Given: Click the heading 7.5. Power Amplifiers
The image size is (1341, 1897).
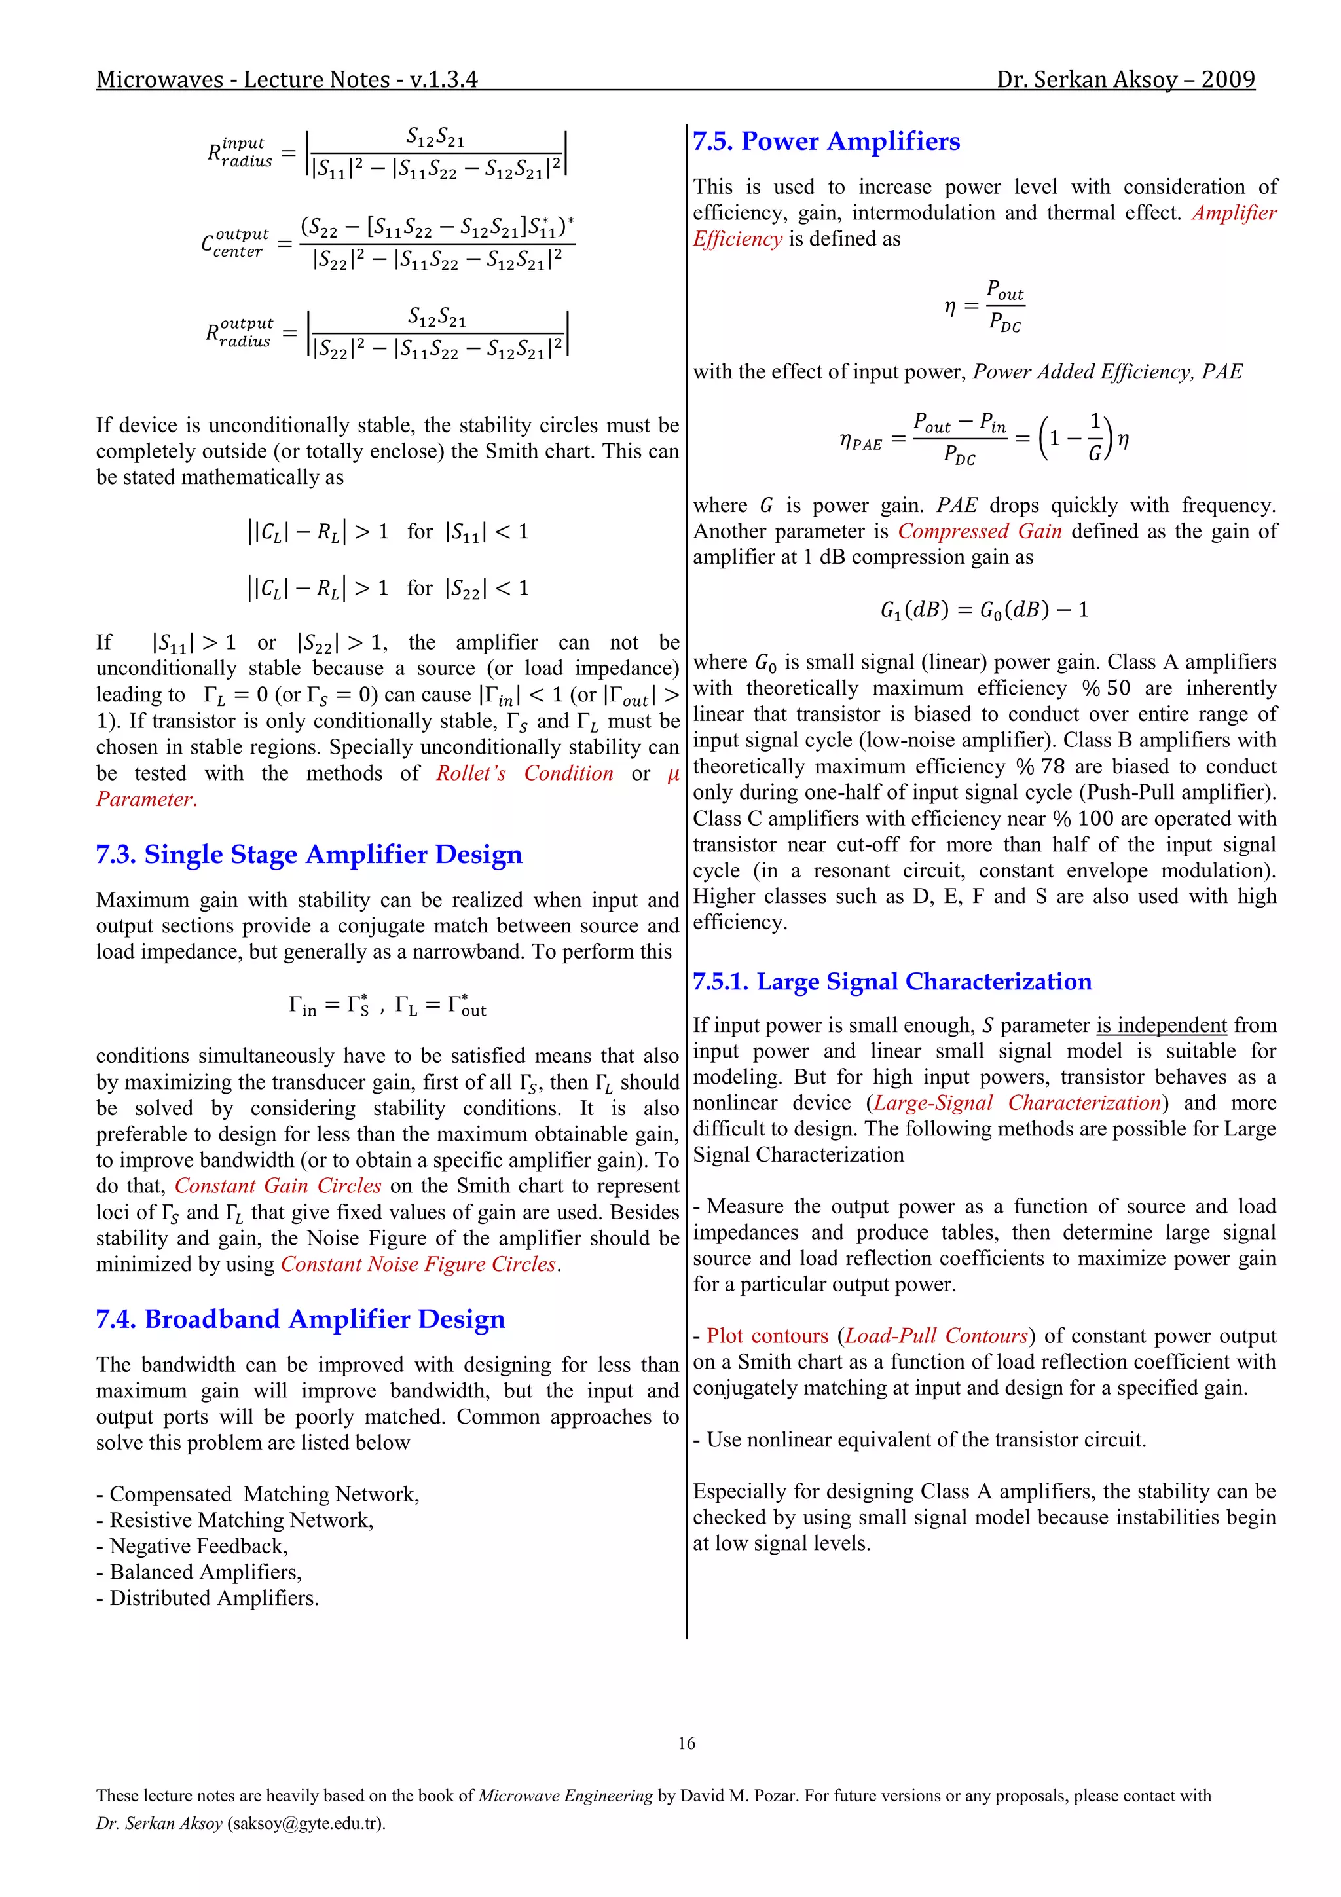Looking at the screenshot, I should point(826,141).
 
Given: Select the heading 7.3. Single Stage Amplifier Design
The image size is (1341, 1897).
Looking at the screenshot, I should point(309,855).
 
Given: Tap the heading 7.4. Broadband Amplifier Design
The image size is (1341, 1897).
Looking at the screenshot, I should point(300,1319).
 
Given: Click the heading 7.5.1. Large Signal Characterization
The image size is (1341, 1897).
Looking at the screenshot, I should point(892,982).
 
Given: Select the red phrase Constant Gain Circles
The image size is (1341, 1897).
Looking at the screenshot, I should point(278,1186).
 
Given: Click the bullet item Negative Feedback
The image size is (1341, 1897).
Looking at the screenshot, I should point(198,1546).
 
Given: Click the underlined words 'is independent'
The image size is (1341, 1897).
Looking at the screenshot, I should point(1161,1025).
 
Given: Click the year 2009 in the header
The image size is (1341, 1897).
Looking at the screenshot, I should point(1228,79).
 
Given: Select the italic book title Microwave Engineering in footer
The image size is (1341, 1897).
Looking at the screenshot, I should point(565,1796).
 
